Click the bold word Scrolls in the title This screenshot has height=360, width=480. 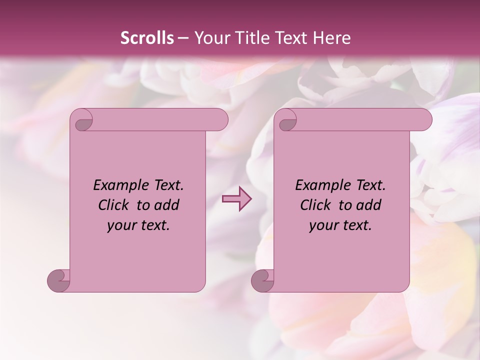pyautogui.click(x=147, y=38)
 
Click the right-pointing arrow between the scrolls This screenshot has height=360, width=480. pyautogui.click(x=236, y=199)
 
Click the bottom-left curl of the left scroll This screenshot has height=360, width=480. pyautogui.click(x=59, y=280)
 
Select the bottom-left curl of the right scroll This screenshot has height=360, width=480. pyautogui.click(x=262, y=280)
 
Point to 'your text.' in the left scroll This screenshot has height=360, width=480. pyautogui.click(x=138, y=225)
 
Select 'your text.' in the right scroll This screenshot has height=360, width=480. pyautogui.click(x=340, y=225)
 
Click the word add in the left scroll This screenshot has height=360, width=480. pyautogui.click(x=167, y=205)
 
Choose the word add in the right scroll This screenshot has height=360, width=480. pyautogui.click(x=369, y=205)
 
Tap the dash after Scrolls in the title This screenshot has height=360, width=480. pyautogui.click(x=183, y=38)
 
